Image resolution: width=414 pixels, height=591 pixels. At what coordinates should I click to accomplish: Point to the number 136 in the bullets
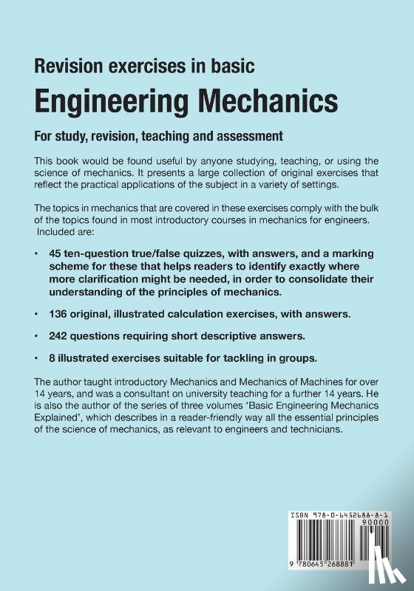61,314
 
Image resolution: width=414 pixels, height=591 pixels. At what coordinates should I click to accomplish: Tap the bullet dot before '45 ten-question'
37,253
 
